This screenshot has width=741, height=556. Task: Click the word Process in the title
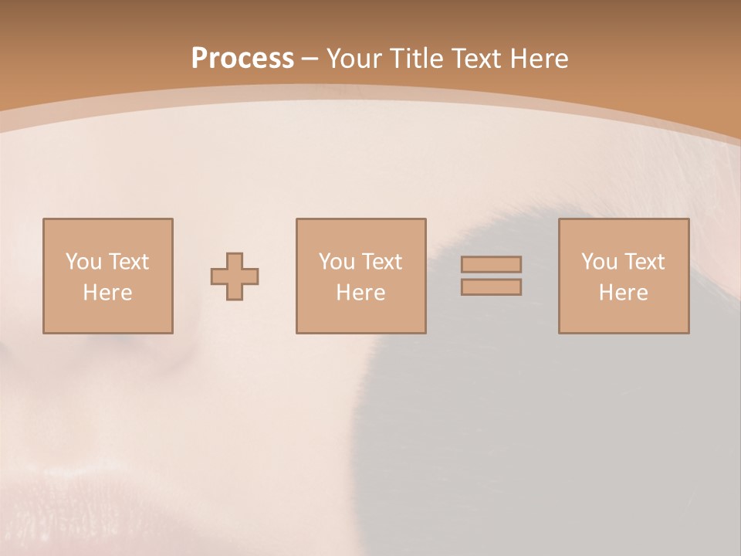coord(242,59)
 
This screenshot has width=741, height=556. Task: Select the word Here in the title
coord(540,59)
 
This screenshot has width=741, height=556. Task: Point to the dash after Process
coord(310,59)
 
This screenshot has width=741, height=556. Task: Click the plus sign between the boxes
coord(235,276)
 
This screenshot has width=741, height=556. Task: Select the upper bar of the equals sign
coord(491,264)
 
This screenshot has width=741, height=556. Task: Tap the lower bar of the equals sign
coord(491,287)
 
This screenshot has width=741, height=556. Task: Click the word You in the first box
coord(83,262)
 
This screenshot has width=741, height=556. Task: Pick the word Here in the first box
coord(107,293)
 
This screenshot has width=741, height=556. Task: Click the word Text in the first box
coord(127,262)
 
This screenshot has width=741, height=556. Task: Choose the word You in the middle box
coord(337,262)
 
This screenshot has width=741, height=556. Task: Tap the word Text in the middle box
coord(381,262)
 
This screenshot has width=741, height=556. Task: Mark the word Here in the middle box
coord(360,293)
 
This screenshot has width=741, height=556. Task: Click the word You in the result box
coord(599,262)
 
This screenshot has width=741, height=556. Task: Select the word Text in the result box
coord(643,262)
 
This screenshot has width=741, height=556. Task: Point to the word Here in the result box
coord(623,293)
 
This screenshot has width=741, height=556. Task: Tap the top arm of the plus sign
coord(235,260)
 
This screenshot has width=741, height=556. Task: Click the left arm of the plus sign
coord(218,276)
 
